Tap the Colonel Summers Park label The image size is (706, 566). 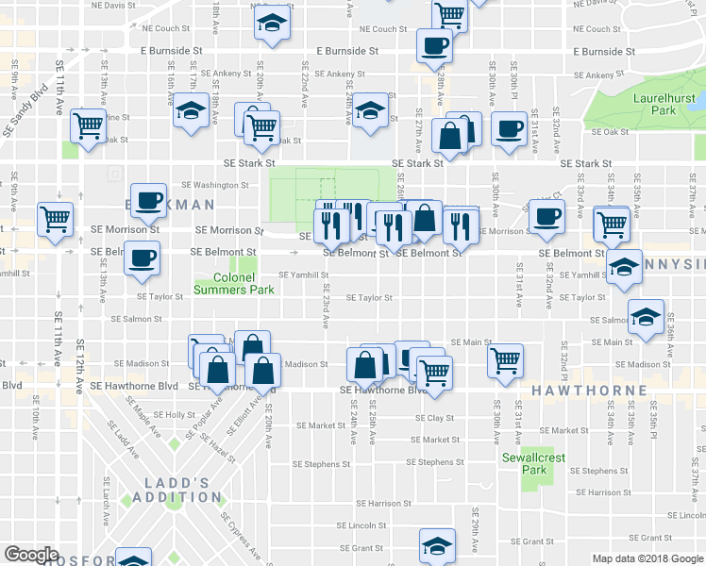pos(234,283)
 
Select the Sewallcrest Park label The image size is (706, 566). pos(535,463)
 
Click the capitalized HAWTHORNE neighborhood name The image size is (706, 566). pos(589,390)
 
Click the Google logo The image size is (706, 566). pos(31,555)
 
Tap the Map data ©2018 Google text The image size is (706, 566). pos(647,558)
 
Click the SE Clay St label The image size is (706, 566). pos(434,418)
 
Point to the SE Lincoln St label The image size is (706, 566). pos(362,525)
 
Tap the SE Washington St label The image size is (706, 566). pos(214,185)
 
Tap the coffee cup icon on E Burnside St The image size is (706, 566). pos(434,46)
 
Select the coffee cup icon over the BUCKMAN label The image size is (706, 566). pos(147,200)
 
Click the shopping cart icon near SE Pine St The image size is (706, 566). pos(88,124)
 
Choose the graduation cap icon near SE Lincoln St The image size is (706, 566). pos(438,546)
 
